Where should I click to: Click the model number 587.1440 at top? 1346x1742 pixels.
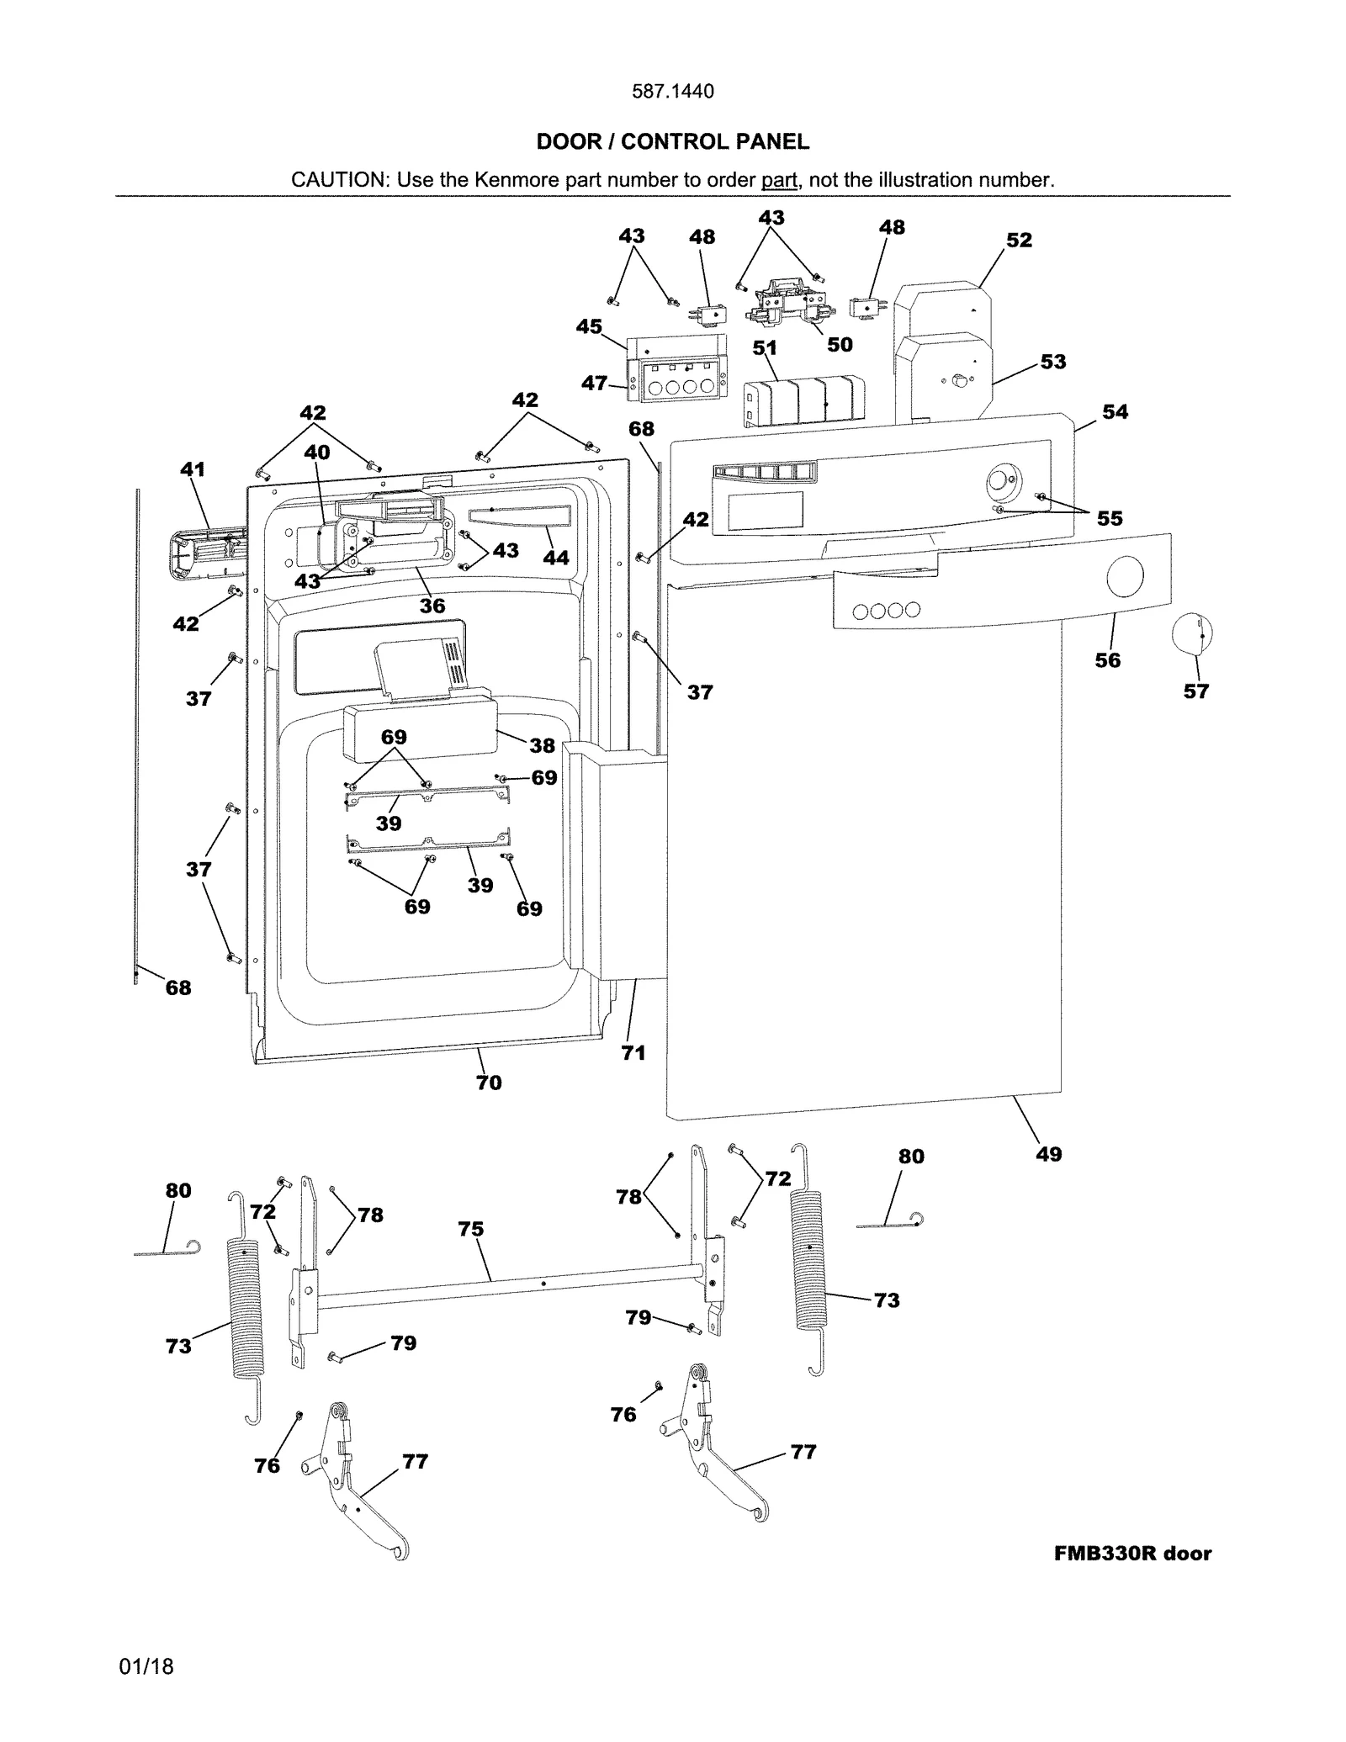pyautogui.click(x=672, y=91)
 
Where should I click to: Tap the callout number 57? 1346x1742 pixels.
pyautogui.click(x=1195, y=691)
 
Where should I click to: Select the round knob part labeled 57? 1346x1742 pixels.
pyautogui.click(x=1191, y=634)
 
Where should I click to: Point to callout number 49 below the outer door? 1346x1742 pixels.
pyautogui.click(x=1048, y=1154)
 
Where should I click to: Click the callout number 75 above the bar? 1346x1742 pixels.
pyautogui.click(x=471, y=1229)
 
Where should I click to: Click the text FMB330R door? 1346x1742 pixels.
pyautogui.click(x=1132, y=1554)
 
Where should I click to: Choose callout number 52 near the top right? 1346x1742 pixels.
pyautogui.click(x=1019, y=240)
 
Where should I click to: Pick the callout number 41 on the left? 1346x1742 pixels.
pyautogui.click(x=193, y=469)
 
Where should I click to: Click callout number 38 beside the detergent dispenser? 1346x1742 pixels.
pyautogui.click(x=542, y=745)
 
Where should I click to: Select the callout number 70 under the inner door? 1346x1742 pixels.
pyautogui.click(x=489, y=1083)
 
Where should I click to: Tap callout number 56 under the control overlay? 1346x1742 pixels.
pyautogui.click(x=1107, y=660)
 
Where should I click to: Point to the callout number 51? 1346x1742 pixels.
pyautogui.click(x=765, y=348)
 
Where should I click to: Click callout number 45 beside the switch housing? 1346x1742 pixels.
pyautogui.click(x=589, y=326)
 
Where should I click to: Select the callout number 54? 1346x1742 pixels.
pyautogui.click(x=1115, y=411)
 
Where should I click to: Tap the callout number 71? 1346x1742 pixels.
pyautogui.click(x=633, y=1052)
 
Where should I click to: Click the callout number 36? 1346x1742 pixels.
pyautogui.click(x=432, y=606)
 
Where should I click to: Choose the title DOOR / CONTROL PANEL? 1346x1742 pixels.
pyautogui.click(x=672, y=141)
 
